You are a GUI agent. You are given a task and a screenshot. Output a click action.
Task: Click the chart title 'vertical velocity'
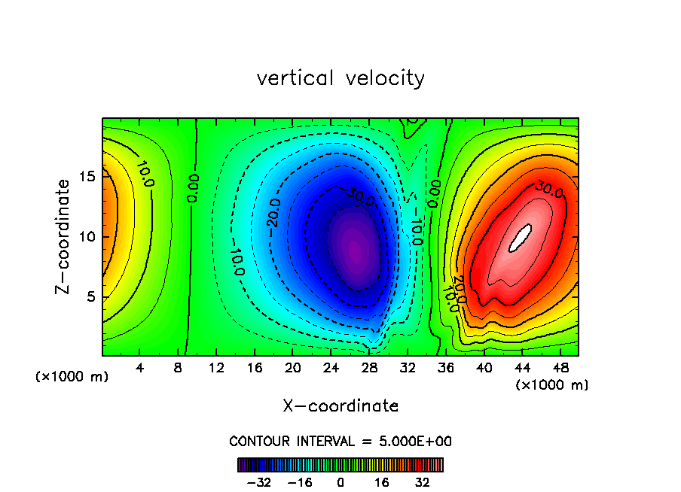(340, 78)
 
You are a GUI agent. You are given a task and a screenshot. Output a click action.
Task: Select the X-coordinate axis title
(340, 406)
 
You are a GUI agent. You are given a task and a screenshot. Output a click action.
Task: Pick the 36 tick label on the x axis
(445, 369)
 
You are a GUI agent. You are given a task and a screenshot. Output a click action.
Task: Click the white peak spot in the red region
(520, 238)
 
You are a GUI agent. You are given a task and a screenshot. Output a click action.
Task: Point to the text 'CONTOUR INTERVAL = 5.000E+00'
(340, 442)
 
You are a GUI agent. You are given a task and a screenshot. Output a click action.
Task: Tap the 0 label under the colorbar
(340, 482)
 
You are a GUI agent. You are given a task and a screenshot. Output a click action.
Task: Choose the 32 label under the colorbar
(422, 482)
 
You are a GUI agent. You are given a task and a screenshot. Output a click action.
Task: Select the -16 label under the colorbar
(301, 482)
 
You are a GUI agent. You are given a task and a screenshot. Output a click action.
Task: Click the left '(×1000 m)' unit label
(72, 377)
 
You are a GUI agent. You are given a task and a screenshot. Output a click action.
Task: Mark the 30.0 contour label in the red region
(548, 191)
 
